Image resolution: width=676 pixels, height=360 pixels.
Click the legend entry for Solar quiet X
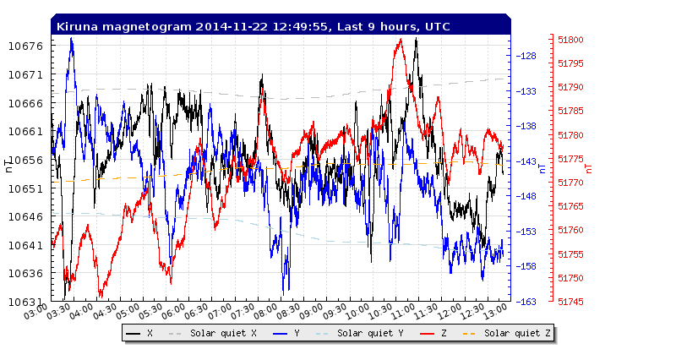[x=223, y=334]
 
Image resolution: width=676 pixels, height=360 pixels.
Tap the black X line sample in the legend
[x=134, y=334]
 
